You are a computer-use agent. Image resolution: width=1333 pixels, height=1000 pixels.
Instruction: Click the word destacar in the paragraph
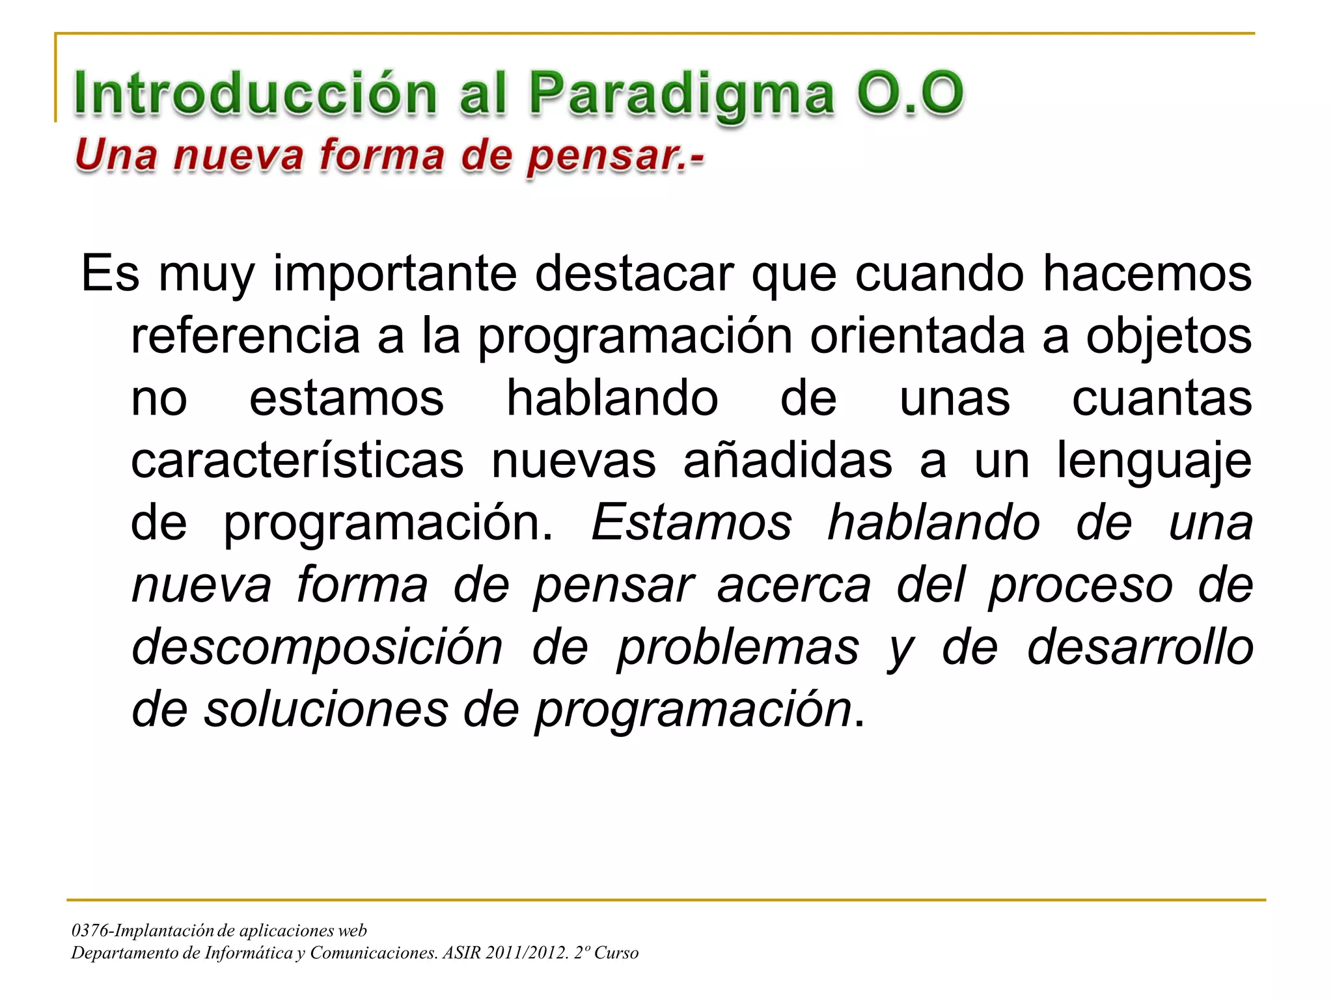pyautogui.click(x=635, y=273)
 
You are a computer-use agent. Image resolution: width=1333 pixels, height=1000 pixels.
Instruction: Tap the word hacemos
pyautogui.click(x=1147, y=273)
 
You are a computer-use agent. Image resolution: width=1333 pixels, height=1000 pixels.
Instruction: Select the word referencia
pyautogui.click(x=245, y=336)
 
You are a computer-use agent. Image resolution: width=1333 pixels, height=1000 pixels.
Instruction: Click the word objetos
pyautogui.click(x=1168, y=336)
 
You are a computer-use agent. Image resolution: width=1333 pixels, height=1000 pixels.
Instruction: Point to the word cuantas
pyautogui.click(x=1162, y=398)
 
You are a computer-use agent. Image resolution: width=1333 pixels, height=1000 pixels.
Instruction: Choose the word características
pyautogui.click(x=297, y=460)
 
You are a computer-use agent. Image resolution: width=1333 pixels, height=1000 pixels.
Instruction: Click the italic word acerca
pyautogui.click(x=794, y=585)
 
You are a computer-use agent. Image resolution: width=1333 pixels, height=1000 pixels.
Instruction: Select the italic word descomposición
pyautogui.click(x=317, y=648)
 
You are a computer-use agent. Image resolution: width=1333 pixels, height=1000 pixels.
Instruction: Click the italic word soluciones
pyautogui.click(x=326, y=710)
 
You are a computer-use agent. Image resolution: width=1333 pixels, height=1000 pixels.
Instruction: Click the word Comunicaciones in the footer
pyautogui.click(x=374, y=953)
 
